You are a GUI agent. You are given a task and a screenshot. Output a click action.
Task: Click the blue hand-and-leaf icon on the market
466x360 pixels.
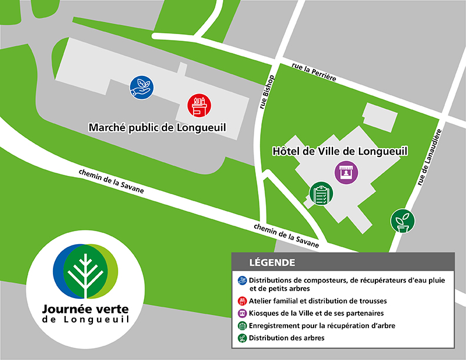[x=141, y=87]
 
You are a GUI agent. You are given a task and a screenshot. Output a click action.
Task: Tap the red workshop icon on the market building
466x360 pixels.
[x=199, y=106]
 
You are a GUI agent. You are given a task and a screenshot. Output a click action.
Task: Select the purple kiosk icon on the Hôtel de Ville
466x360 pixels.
[x=346, y=173]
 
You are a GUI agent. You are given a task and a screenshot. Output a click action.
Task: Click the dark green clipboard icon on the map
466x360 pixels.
[x=321, y=194]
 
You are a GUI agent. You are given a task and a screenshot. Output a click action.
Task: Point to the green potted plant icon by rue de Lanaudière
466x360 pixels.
[x=402, y=221]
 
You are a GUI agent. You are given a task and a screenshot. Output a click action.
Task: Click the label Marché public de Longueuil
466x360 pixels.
[x=157, y=127]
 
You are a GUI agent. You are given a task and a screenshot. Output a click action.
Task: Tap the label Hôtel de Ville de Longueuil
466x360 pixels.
[x=340, y=151]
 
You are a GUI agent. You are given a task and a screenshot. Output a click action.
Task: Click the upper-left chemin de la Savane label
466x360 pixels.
[x=111, y=182]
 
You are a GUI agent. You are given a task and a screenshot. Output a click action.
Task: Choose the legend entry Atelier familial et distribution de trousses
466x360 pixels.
[x=318, y=301]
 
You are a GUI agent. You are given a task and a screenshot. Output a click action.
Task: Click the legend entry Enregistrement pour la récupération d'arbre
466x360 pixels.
[x=321, y=326]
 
